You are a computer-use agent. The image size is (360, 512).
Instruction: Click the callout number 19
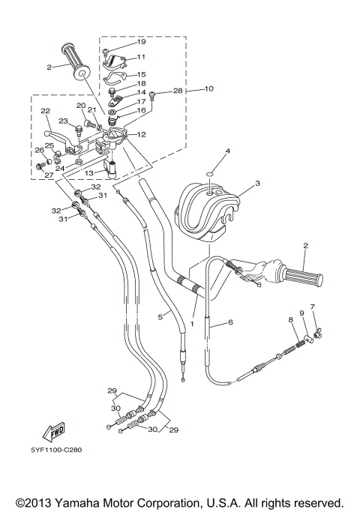coord(141,42)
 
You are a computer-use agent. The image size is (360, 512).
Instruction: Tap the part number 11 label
coord(141,57)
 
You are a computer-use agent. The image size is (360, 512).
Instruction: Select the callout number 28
coord(178,91)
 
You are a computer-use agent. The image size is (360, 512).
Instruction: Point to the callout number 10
coord(208,88)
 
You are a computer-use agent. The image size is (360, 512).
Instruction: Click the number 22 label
coord(45,111)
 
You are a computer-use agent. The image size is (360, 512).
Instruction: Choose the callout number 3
coord(257,183)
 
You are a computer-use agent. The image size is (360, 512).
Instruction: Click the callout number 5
coord(160,317)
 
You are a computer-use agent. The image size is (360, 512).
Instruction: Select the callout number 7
coord(312,307)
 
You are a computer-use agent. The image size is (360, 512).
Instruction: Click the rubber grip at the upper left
coord(78,63)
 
